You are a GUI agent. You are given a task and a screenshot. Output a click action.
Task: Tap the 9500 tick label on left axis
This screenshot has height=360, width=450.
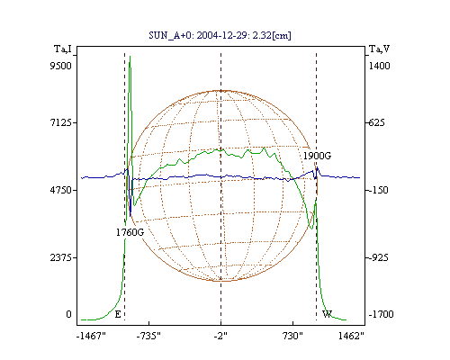[60, 66]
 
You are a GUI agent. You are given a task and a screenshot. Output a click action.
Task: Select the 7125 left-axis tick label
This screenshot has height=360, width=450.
[61, 122]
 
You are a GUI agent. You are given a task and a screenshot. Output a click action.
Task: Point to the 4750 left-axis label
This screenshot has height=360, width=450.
[61, 190]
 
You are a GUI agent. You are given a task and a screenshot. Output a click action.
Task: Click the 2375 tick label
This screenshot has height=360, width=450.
[61, 257]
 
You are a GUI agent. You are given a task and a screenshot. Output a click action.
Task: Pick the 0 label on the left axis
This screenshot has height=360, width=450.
[68, 314]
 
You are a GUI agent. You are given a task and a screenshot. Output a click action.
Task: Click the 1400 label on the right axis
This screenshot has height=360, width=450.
[380, 66]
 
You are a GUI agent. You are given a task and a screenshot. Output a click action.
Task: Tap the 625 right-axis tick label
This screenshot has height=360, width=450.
[377, 122]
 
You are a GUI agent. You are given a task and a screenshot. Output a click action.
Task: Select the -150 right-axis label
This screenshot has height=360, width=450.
[378, 190]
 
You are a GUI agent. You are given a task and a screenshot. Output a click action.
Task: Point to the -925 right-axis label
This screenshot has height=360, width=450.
[378, 257]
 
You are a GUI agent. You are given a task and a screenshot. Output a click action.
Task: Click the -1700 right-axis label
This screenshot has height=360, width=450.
[381, 314]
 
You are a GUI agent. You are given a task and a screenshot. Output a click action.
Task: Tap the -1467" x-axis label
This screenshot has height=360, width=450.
[91, 336]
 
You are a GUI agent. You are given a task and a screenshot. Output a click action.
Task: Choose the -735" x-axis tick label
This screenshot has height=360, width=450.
[148, 336]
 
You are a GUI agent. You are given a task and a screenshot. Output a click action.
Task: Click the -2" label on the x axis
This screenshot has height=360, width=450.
[220, 336]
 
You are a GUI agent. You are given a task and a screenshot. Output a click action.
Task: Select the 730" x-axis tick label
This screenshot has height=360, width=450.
[292, 336]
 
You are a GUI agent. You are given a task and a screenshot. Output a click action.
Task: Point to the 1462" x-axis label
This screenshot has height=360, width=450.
[351, 336]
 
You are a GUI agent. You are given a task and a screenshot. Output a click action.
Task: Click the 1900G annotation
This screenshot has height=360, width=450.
[317, 156]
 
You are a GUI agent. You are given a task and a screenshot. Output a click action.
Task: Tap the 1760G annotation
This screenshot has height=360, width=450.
[130, 232]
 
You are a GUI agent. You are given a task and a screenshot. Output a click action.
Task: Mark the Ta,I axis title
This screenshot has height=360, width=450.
[63, 49]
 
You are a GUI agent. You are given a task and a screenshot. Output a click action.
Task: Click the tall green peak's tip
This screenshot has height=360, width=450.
[130, 56]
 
